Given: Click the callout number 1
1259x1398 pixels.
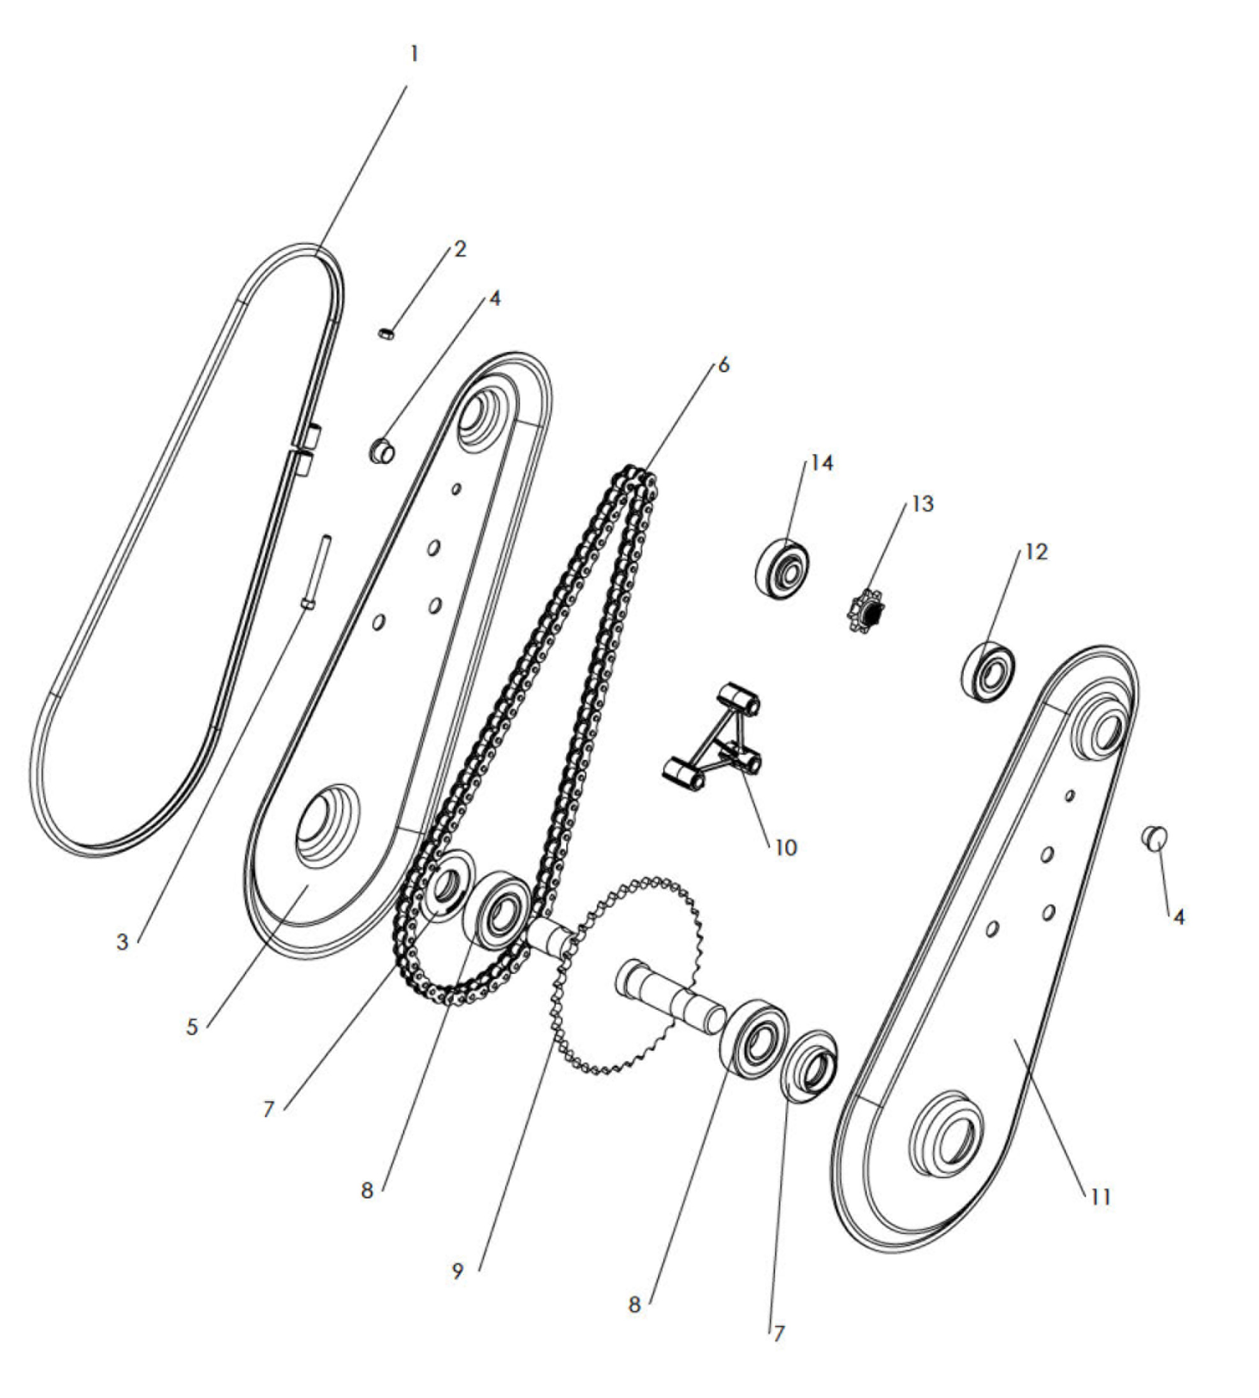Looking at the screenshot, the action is [x=414, y=54].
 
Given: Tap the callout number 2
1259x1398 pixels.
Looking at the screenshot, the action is [x=460, y=249].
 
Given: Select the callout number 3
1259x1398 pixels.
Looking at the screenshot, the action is [x=122, y=942].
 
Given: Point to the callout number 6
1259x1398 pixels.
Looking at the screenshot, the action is [x=724, y=365].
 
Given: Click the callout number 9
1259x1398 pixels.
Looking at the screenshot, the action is [x=457, y=1271].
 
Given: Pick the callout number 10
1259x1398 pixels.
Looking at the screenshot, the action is [x=785, y=847].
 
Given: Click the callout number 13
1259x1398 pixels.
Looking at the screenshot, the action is [x=922, y=504].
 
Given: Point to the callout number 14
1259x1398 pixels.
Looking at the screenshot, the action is [x=821, y=463].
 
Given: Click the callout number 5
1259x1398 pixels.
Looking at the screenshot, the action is [x=192, y=1027].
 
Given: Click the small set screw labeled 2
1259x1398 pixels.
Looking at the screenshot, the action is [x=387, y=335].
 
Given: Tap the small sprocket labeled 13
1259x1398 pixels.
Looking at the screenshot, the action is [x=866, y=611].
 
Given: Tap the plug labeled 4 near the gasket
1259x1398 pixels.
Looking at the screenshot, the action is [x=381, y=450].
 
